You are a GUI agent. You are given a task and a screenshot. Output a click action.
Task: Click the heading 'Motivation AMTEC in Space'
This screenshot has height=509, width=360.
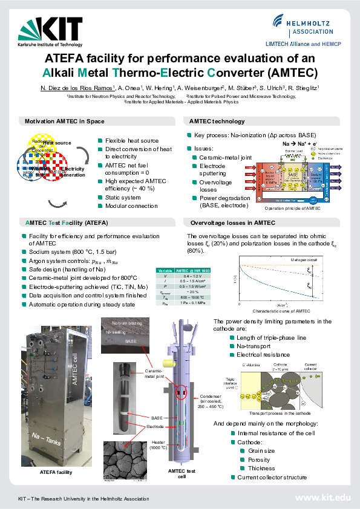65,122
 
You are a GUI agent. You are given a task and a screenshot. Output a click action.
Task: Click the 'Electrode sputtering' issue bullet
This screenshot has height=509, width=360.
212,168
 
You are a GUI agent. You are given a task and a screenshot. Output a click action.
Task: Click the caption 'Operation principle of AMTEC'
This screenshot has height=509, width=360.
293,208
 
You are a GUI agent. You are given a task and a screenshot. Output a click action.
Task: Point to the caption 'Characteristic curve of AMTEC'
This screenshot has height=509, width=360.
275,310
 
